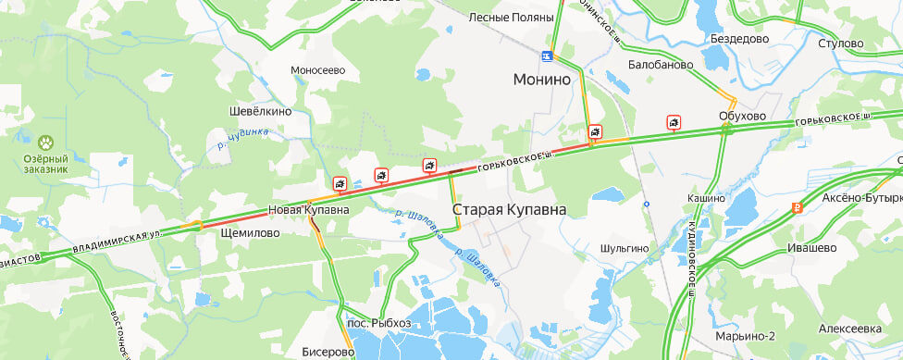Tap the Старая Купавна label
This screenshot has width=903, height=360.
[509, 210]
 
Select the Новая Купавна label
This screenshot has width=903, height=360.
[309, 210]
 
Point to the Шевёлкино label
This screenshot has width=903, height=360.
[260, 111]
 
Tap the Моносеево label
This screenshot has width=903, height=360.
[317, 69]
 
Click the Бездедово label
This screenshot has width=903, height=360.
[739, 39]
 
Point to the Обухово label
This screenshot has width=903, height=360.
[742, 116]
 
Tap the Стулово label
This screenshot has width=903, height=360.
[841, 43]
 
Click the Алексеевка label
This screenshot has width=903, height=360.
[850, 329]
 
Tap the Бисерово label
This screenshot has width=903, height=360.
[328, 352]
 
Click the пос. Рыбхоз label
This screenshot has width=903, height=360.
[378, 324]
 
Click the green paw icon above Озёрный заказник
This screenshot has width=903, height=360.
[45, 143]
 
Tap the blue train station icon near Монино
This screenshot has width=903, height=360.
[550, 56]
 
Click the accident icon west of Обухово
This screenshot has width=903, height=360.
[674, 122]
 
